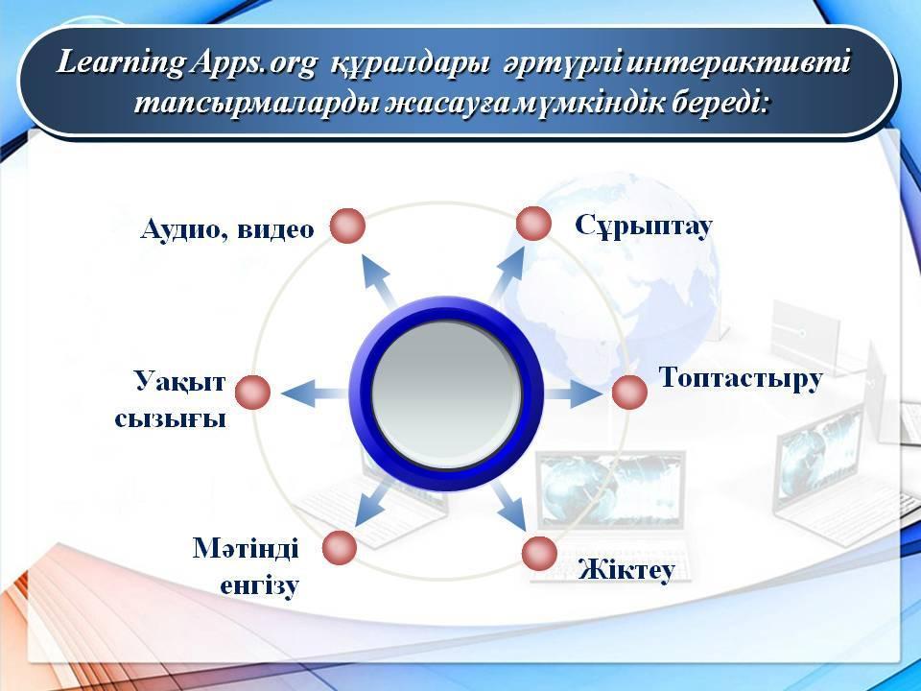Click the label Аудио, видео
227,229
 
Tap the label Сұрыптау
644,226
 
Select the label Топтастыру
741,378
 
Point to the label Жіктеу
626,568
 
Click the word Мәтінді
246,548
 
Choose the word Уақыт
179,381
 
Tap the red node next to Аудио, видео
347,226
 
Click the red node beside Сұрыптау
533,224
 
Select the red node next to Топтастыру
629,392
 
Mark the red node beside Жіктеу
539,553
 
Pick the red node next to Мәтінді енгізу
339,548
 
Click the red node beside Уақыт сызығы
252,392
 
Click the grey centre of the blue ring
446,393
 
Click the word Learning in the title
122,63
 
